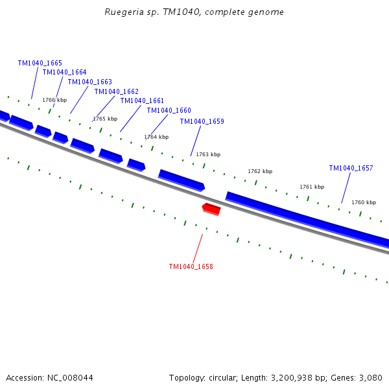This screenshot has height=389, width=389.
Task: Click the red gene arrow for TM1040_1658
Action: [211, 209]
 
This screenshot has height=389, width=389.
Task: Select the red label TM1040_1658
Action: [191, 266]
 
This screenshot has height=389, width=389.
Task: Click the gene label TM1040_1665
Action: [40, 63]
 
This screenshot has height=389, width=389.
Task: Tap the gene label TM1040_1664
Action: [64, 72]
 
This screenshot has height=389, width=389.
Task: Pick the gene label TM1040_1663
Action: [89, 82]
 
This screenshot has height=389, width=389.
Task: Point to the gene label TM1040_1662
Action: [116, 91]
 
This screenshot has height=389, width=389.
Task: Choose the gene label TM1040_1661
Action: [142, 100]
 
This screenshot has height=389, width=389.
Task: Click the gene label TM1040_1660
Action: [169, 110]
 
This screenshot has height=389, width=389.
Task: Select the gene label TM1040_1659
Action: [202, 121]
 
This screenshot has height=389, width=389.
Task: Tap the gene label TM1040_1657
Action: [351, 168]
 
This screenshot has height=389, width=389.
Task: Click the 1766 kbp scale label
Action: [54, 100]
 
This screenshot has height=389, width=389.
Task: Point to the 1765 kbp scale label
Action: [105, 119]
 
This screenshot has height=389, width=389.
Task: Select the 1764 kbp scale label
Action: [156, 137]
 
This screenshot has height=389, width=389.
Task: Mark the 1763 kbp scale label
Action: [208, 154]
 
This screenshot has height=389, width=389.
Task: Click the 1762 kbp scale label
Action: [260, 171]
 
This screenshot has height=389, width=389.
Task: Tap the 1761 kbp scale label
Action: [312, 187]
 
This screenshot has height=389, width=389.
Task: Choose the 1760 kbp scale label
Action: [364, 202]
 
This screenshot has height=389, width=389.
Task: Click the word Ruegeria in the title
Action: [121, 12]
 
